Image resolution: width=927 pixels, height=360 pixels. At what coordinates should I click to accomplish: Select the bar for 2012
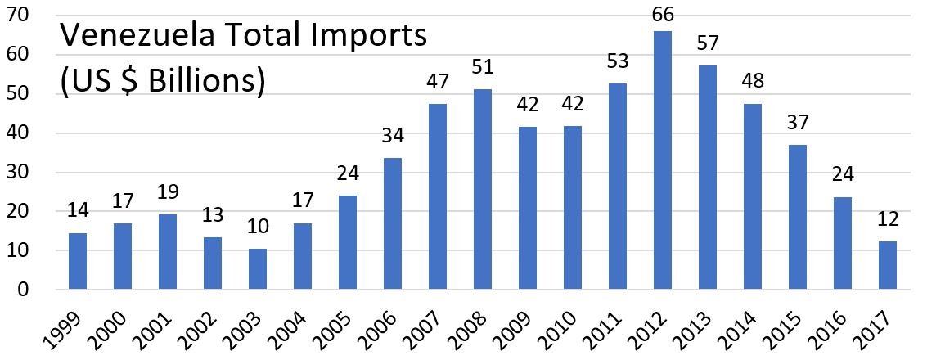click(662, 160)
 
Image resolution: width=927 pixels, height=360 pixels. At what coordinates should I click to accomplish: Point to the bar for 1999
click(78, 261)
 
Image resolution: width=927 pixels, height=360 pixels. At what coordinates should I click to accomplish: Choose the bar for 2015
click(797, 217)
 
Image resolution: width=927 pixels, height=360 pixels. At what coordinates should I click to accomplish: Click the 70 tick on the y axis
click(30, 15)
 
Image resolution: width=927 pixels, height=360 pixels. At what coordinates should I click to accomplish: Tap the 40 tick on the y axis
click(30, 133)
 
